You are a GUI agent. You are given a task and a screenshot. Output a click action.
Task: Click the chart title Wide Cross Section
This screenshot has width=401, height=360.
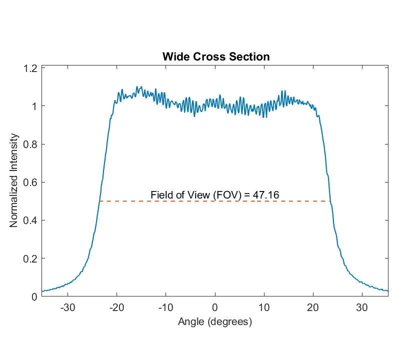click(x=216, y=56)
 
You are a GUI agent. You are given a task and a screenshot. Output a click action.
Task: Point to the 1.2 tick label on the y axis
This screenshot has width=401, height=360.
click(x=30, y=68)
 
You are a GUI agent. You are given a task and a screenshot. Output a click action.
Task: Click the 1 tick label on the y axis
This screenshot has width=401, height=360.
click(x=34, y=106)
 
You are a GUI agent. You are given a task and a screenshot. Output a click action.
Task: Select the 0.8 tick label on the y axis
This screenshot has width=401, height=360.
click(x=30, y=144)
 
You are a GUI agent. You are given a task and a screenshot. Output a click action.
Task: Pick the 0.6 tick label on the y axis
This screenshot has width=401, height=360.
click(x=30, y=182)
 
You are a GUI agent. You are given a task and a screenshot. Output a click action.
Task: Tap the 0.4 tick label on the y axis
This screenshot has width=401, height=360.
click(x=30, y=220)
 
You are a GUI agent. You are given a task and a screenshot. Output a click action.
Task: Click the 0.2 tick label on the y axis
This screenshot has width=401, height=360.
click(x=30, y=258)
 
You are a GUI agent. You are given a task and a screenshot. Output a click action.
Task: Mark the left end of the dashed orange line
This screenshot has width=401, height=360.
click(x=99, y=201)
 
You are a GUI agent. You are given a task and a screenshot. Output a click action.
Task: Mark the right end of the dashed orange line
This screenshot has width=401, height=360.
click(x=330, y=201)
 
